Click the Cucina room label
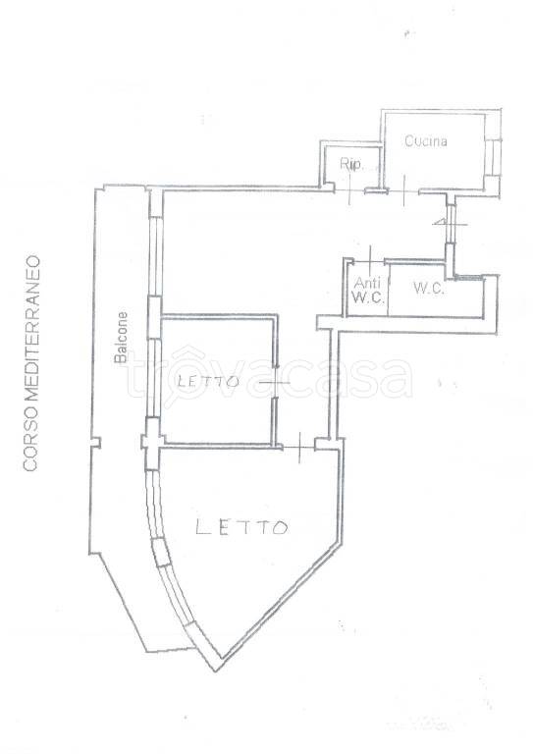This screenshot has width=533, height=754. [x=426, y=141]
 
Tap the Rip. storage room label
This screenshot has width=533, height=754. [x=350, y=165]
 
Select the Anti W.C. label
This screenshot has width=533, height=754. [x=368, y=290]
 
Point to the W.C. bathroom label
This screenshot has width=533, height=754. [x=428, y=289]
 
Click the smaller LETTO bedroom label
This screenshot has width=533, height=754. [x=208, y=382]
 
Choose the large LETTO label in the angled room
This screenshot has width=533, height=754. [x=241, y=527]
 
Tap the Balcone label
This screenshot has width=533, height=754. [x=122, y=337]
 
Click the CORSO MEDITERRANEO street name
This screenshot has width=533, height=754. [x=31, y=363]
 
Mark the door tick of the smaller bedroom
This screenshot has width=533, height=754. [x=275, y=382]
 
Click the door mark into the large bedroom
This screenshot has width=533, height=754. [x=299, y=448]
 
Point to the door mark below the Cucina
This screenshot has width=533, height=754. [x=404, y=190]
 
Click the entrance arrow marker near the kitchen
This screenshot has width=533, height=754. [x=450, y=224]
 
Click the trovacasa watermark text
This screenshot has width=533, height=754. [x=269, y=375]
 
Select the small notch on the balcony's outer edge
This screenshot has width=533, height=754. [x=96, y=442]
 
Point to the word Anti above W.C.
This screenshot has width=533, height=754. [x=368, y=283]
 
